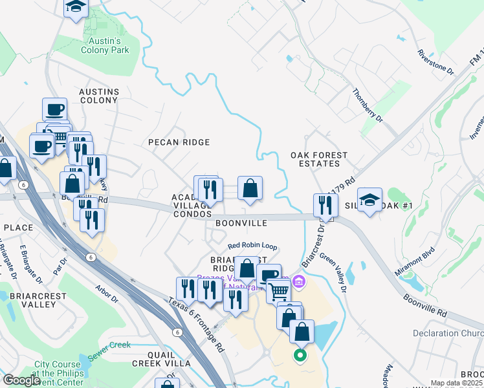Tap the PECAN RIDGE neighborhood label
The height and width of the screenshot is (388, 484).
(x=179, y=142)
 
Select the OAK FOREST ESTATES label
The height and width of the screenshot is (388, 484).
(x=319, y=160)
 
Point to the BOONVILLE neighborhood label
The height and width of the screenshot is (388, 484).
(x=241, y=223)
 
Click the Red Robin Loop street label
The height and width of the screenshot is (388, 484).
(x=252, y=247)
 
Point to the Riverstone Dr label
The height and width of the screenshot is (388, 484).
(x=436, y=63)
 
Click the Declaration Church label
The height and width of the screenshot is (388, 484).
(x=448, y=334)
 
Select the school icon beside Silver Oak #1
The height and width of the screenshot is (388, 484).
(x=369, y=200)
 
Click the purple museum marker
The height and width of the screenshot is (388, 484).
(x=298, y=281)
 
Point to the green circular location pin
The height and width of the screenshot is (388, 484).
(x=299, y=354)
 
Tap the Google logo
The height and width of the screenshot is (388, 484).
(x=21, y=380)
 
